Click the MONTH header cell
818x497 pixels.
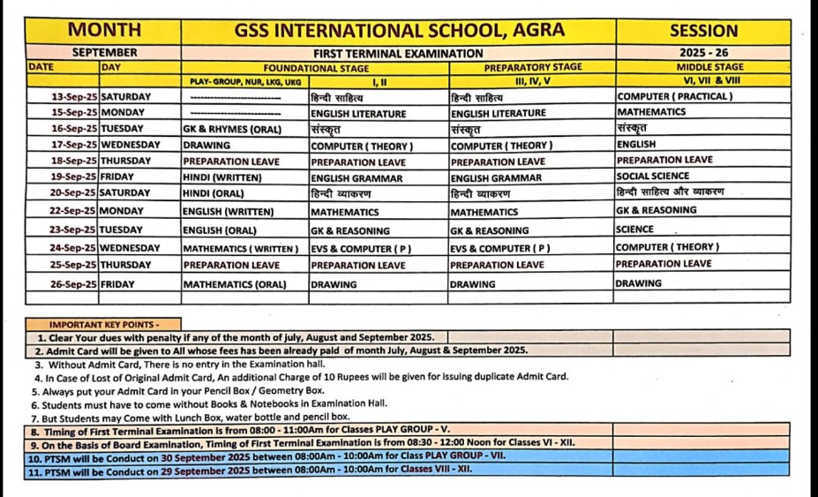pos(103,30)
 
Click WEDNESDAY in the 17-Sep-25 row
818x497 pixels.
pos(131,145)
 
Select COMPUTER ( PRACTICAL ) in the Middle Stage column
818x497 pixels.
pos(674,96)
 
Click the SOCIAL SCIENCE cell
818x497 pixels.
pos(653,176)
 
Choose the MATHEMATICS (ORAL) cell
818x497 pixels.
pos(234,285)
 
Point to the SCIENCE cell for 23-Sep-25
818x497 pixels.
pos(635,229)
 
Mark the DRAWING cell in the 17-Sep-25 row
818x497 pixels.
pos(206,145)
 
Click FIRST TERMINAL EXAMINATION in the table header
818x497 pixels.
pos(398,53)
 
